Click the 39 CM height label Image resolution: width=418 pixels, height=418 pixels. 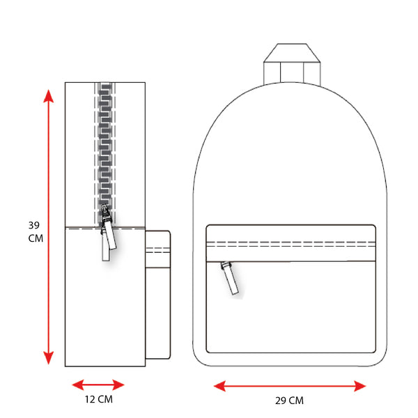[x=36, y=232]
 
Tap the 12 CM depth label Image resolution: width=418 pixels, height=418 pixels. [x=99, y=399]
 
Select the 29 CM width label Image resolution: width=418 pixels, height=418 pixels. [x=289, y=401]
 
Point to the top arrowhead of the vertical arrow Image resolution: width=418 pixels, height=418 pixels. [x=49, y=96]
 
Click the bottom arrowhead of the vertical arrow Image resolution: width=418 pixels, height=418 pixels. [x=49, y=358]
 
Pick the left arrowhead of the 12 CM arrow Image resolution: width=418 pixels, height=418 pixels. [x=78, y=385]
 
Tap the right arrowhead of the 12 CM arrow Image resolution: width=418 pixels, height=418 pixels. [x=118, y=385]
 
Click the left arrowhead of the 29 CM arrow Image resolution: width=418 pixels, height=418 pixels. [x=220, y=386]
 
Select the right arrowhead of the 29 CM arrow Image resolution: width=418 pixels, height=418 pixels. [x=359, y=386]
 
